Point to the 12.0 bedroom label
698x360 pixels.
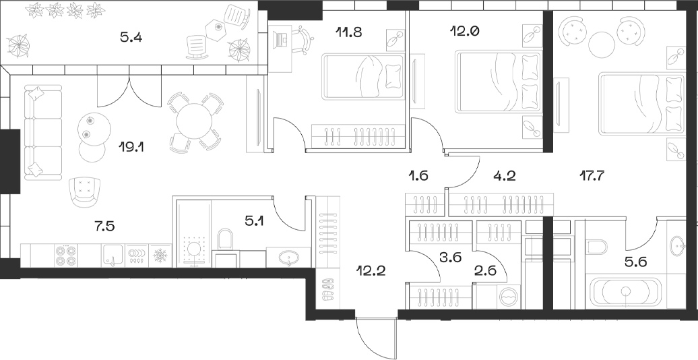(x=464, y=31)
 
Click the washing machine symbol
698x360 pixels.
(x=509, y=295)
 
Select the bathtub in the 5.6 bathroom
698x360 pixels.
(x=625, y=291)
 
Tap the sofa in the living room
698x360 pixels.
(x=42, y=132)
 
